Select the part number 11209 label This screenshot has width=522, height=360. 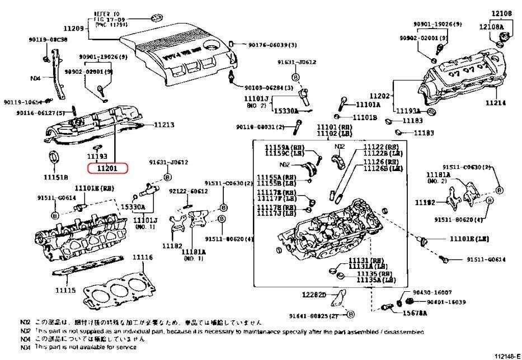pyautogui.click(x=72, y=29)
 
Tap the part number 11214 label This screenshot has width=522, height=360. pyautogui.click(x=497, y=103)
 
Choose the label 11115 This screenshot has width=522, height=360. pyautogui.click(x=65, y=291)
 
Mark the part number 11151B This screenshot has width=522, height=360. pyautogui.click(x=56, y=177)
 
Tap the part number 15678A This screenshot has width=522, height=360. pyautogui.click(x=415, y=312)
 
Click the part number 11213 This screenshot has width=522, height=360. pyautogui.click(x=164, y=125)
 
